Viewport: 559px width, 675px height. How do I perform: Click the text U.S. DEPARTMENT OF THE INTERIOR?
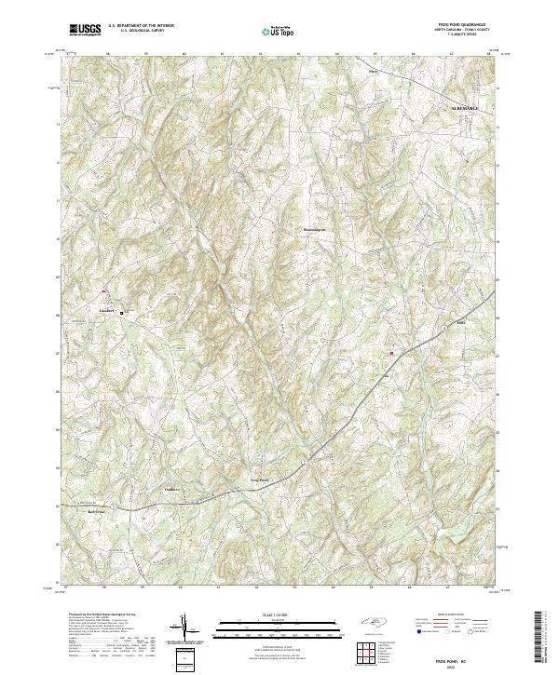coord(142,26)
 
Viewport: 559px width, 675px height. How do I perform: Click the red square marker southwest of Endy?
coord(391,353)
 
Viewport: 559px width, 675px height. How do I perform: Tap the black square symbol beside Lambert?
coord(121,314)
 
